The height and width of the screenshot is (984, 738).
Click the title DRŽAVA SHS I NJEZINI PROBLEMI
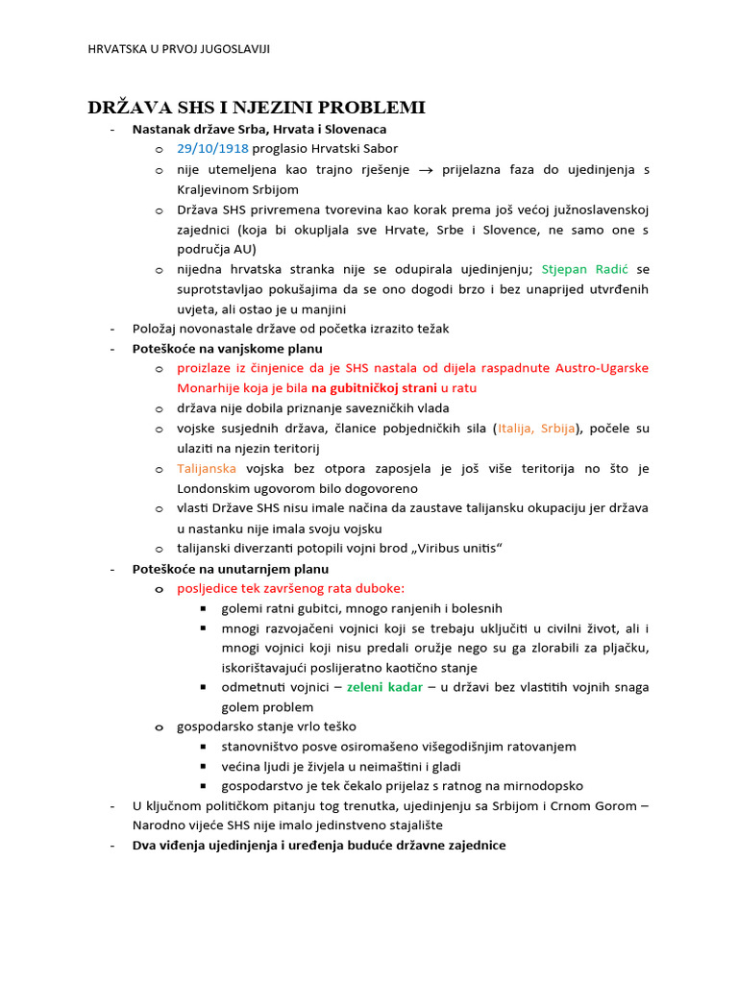(x=257, y=107)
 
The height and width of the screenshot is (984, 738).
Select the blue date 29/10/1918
(x=212, y=149)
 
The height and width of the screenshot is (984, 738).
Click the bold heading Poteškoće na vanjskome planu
(x=228, y=349)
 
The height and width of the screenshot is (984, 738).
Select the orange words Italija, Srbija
(x=540, y=429)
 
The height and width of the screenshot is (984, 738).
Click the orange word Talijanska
(x=207, y=469)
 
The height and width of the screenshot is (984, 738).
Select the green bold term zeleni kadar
(x=384, y=687)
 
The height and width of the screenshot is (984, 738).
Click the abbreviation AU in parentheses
(x=244, y=249)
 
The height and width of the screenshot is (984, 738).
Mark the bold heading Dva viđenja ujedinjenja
(x=319, y=846)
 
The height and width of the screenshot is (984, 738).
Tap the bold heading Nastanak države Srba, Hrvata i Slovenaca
(x=259, y=129)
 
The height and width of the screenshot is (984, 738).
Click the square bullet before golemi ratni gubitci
(x=205, y=608)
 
